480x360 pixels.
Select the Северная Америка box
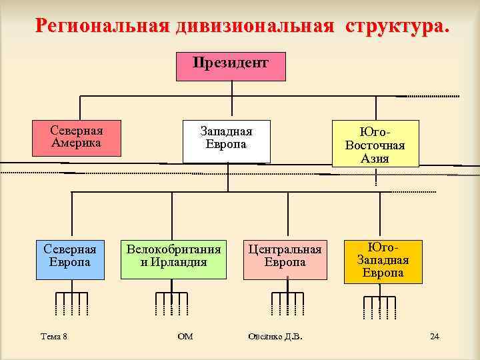[77, 137]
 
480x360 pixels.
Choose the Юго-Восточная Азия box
[375, 143]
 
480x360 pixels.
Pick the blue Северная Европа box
[70, 258]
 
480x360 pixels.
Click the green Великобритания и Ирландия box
[173, 258]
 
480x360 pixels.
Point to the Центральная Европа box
[285, 258]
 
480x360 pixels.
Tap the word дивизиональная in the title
[254, 27]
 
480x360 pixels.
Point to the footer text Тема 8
[54, 337]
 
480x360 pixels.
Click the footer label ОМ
[185, 337]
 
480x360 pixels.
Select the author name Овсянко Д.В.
[275, 337]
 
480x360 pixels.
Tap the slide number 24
[435, 336]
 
